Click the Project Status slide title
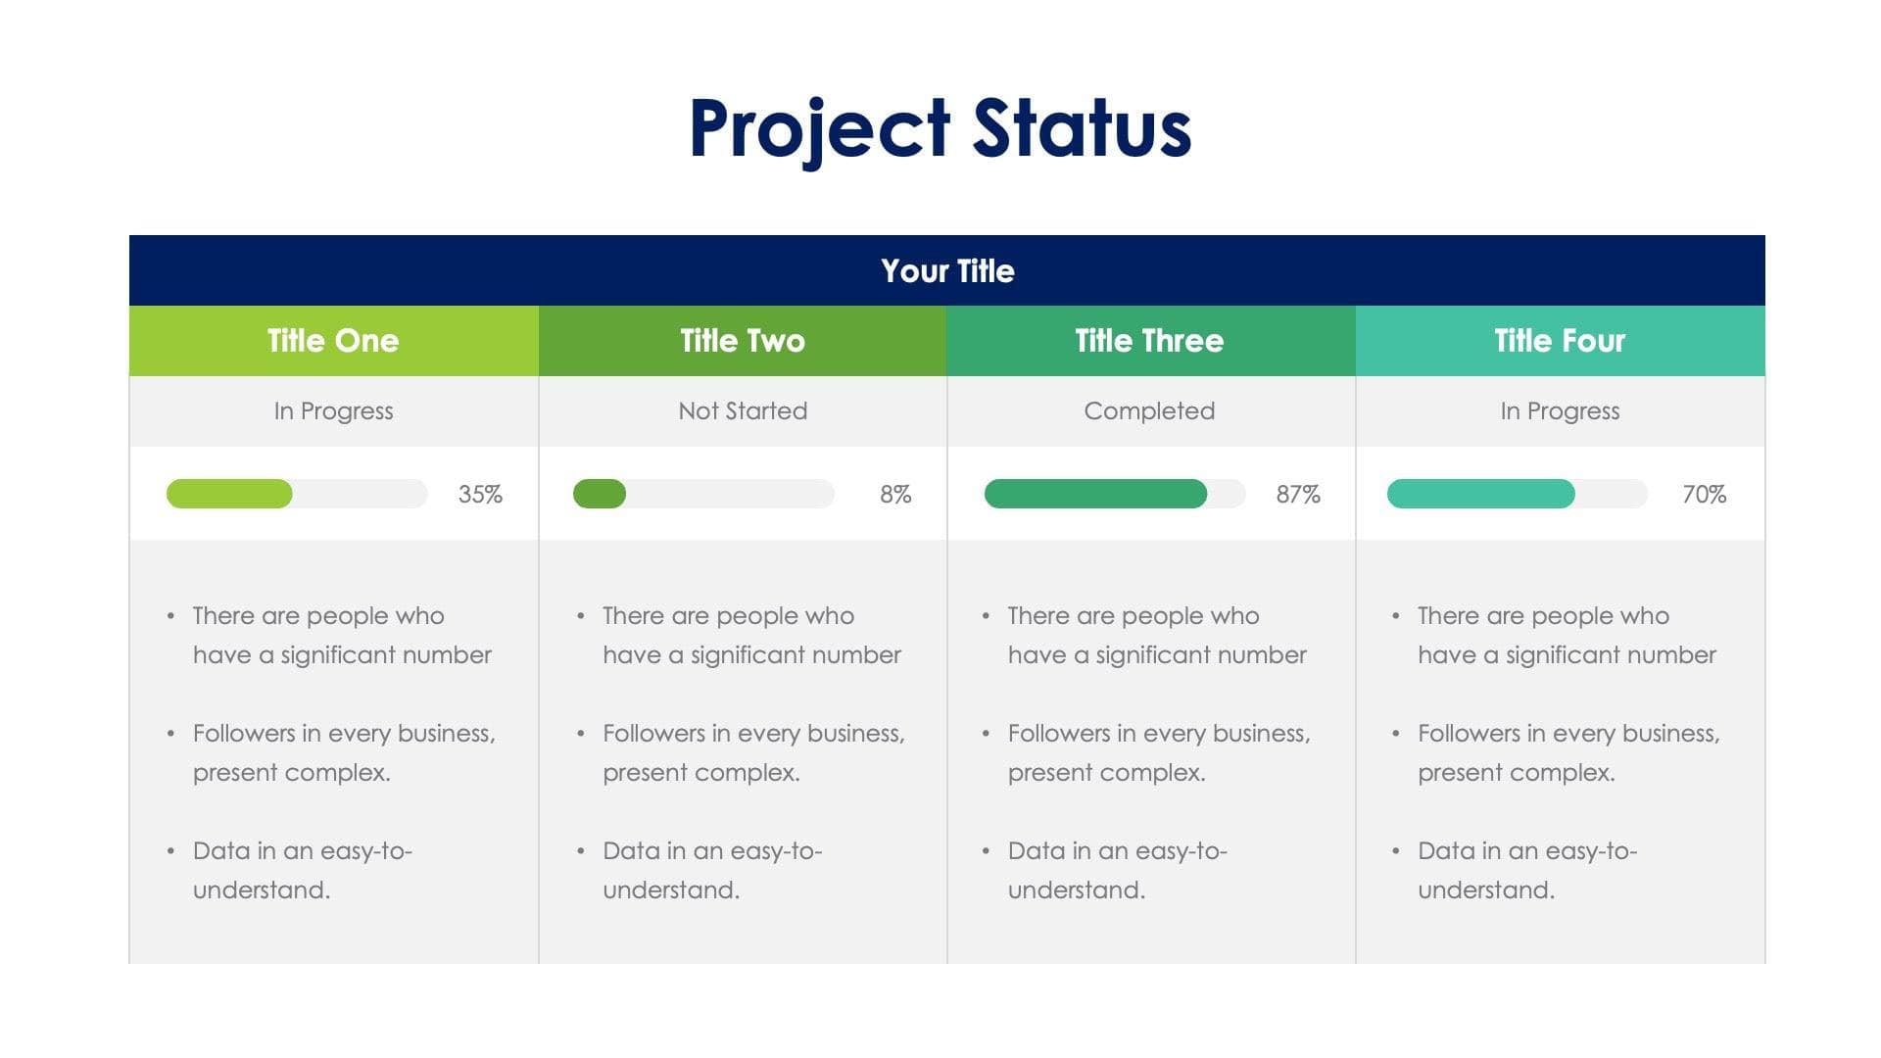[x=940, y=128]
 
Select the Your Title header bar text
[x=946, y=271]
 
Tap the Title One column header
[x=333, y=341]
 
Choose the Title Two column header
[x=743, y=341]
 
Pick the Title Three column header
[x=1149, y=341]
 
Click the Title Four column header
[x=1560, y=341]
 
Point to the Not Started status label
[x=743, y=411]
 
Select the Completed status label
[x=1149, y=411]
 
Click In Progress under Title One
[x=333, y=411]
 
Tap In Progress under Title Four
[x=1560, y=411]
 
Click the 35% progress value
[x=480, y=495]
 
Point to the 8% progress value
[x=895, y=495]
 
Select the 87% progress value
[x=1298, y=495]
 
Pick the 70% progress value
[x=1704, y=495]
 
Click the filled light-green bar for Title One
[x=229, y=494]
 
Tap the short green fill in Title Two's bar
[x=600, y=494]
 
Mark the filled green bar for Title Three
[x=1095, y=494]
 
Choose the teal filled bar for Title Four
[x=1480, y=494]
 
